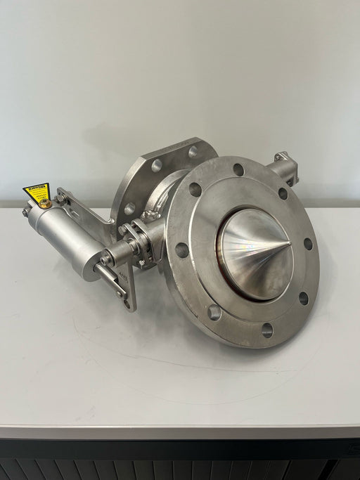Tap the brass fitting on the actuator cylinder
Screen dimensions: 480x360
click(x=45, y=204)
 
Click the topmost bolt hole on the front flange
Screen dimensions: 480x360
click(x=238, y=169)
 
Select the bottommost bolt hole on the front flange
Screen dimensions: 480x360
click(x=267, y=329)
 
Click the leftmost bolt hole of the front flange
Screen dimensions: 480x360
click(x=182, y=250)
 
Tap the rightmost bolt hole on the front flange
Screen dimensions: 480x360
click(x=308, y=244)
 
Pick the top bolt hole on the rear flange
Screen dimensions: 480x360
click(x=193, y=152)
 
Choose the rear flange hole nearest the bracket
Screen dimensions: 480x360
click(x=130, y=208)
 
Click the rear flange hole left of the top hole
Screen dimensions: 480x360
click(x=156, y=165)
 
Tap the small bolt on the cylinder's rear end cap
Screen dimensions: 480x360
click(x=26, y=212)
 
